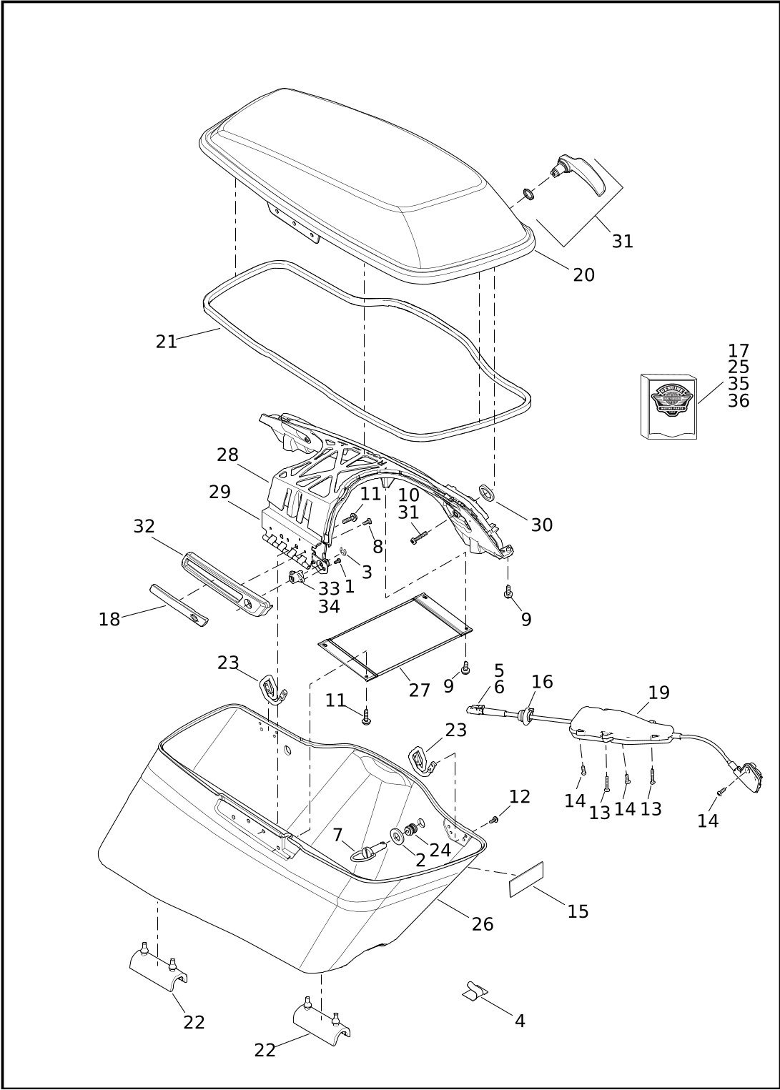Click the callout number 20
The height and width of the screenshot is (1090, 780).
583,274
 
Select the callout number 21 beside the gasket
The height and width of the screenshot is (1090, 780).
166,342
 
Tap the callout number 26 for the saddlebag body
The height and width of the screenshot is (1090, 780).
483,924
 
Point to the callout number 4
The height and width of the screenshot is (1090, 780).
520,1021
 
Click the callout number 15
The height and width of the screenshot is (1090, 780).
578,911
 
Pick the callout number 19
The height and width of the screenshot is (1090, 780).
658,693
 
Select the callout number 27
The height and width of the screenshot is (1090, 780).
420,690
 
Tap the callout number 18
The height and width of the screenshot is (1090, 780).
109,620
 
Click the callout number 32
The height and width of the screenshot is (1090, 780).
144,526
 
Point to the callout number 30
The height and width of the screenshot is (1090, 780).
541,525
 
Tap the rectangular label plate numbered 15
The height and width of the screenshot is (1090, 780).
526,879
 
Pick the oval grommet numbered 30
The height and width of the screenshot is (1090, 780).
487,492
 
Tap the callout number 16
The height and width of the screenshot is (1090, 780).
542,682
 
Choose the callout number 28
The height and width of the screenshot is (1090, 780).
227,455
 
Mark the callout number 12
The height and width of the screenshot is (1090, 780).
520,796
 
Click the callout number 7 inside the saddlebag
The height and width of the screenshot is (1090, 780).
337,835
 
